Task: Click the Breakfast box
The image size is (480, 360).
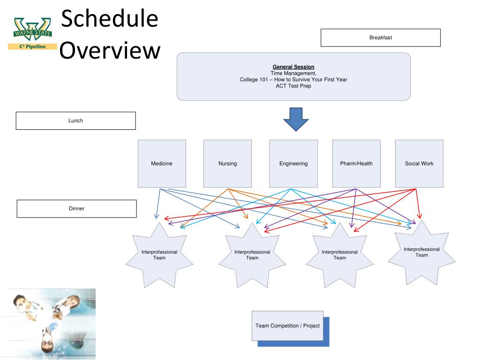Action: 380,37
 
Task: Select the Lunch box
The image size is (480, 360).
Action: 75,120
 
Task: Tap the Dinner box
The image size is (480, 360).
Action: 76,209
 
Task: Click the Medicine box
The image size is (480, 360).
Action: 161,164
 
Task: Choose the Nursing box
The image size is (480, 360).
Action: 227,164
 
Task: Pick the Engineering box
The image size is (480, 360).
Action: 293,164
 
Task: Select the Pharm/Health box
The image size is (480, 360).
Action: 356,164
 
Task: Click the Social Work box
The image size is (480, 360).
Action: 419,164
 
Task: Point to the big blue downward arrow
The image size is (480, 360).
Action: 295,119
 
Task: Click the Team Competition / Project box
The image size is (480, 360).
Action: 287,325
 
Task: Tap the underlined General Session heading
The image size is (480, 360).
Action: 293,67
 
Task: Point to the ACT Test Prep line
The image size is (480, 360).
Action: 293,86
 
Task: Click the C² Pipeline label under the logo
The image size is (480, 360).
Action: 32,46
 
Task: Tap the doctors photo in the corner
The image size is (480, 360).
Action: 48,323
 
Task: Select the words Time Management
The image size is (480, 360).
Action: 293,73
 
